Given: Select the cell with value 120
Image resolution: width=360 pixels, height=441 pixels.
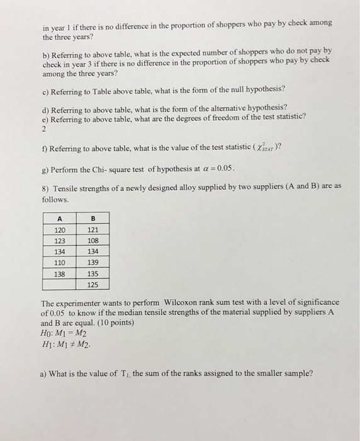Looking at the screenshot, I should click(x=60, y=231).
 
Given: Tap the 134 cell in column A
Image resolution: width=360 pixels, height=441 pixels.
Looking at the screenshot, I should click(x=60, y=251).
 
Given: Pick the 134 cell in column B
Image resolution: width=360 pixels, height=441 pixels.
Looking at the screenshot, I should click(x=93, y=251).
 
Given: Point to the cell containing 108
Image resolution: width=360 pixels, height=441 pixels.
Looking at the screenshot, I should click(x=93, y=241).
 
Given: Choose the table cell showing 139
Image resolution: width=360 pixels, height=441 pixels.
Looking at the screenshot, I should click(x=93, y=262).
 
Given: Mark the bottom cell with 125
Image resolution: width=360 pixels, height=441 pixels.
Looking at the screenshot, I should click(x=93, y=284).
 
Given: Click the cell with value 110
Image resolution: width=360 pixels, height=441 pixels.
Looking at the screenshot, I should click(x=60, y=262).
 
